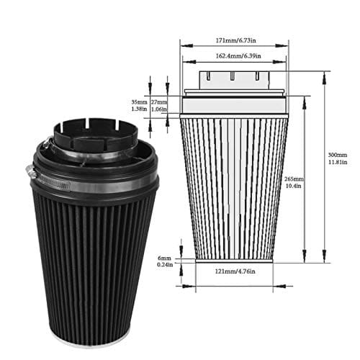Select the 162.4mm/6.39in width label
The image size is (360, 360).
point(234,55)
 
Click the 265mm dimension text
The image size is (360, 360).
point(294,178)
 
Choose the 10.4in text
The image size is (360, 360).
point(294,185)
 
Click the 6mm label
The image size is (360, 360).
point(165,257)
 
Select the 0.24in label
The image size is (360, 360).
point(165,264)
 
